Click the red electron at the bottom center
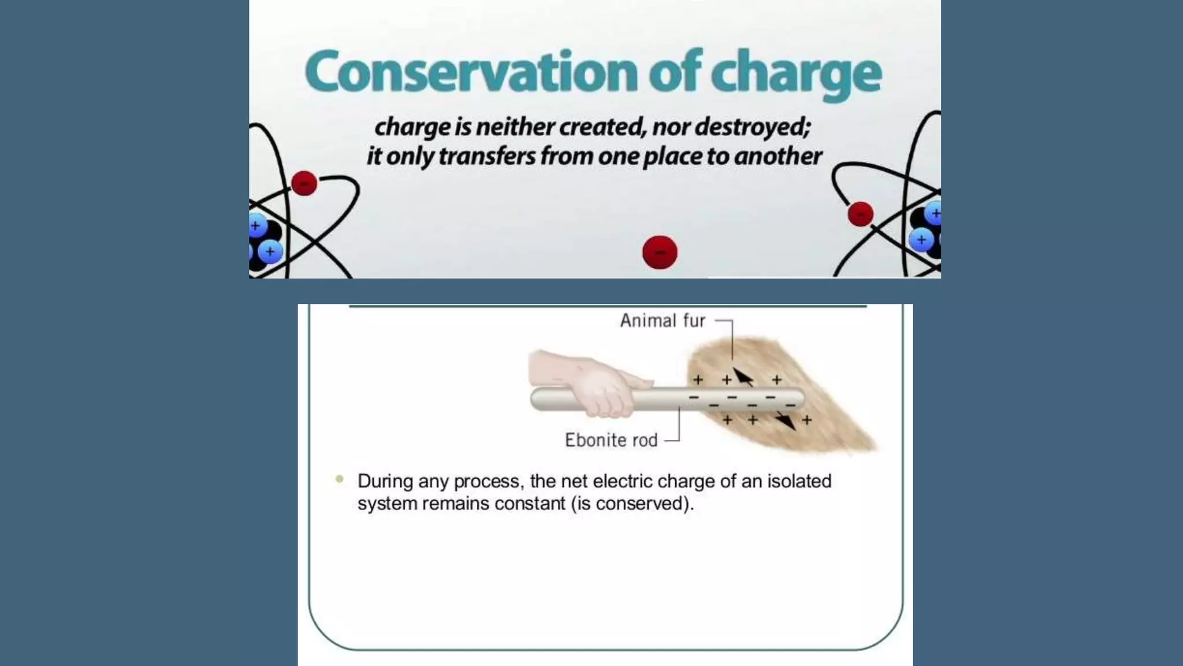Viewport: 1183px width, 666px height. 660,252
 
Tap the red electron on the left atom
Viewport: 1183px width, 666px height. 304,184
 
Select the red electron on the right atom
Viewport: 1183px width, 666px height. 860,214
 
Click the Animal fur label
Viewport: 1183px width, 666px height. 663,321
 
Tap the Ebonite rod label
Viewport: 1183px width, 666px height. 611,441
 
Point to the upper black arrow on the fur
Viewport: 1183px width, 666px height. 743,376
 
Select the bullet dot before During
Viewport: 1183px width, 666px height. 340,479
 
